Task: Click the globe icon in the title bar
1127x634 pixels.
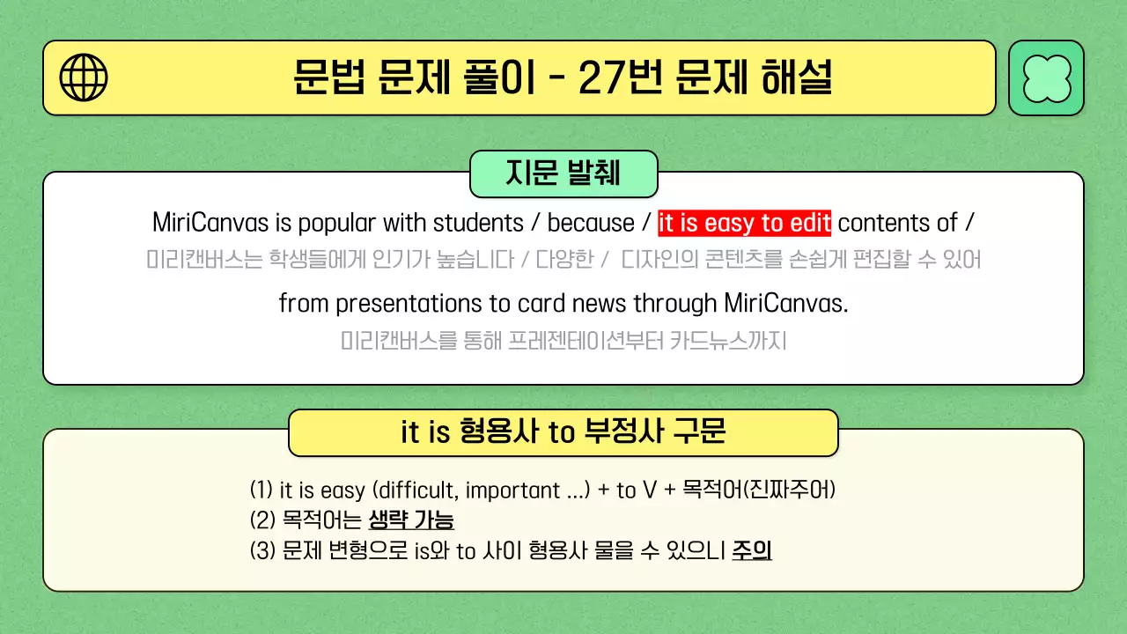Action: click(84, 77)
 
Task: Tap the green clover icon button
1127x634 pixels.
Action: click(1046, 77)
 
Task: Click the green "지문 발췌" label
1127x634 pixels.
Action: click(563, 173)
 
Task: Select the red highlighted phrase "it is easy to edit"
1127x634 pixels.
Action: click(744, 223)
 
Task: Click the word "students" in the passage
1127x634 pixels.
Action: click(478, 223)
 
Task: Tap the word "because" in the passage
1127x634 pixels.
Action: click(591, 223)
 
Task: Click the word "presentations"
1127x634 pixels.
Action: click(409, 303)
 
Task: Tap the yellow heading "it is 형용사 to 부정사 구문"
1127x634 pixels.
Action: click(563, 432)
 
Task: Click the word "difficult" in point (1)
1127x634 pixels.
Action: click(422, 490)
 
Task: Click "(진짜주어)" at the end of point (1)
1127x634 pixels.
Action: click(789, 490)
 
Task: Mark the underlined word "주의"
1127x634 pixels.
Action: click(752, 551)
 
